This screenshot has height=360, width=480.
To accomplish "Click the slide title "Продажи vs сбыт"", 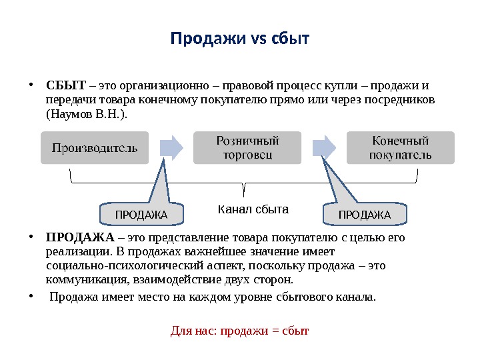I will [x=240, y=38].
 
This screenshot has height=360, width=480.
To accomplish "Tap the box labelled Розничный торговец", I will [x=247, y=148].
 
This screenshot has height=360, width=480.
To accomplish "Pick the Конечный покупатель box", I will [x=401, y=148].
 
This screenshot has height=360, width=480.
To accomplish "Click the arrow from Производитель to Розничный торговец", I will [x=171, y=147].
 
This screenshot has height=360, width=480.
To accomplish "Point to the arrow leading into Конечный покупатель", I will [x=324, y=147].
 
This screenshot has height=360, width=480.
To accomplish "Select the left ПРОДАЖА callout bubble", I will [x=141, y=214].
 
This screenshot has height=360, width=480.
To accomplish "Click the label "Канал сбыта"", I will [x=253, y=209].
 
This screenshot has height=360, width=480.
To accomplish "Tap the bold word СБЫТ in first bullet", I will [x=66, y=85].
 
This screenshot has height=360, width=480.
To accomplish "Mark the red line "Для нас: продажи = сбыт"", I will [x=240, y=330].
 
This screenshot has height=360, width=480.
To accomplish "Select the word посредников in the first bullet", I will [x=402, y=100].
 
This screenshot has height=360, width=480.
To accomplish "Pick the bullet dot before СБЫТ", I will [x=32, y=85].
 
